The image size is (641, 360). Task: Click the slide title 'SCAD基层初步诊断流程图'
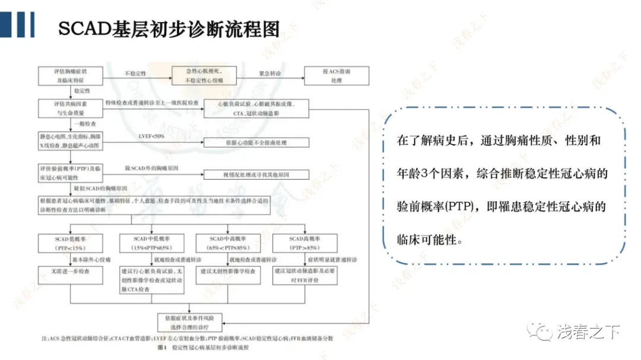(169, 28)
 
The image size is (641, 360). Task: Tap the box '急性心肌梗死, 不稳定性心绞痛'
(204, 75)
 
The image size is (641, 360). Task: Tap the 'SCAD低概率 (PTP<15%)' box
(71, 243)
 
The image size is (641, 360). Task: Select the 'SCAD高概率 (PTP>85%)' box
(304, 243)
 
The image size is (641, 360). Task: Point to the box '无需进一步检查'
(71, 271)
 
